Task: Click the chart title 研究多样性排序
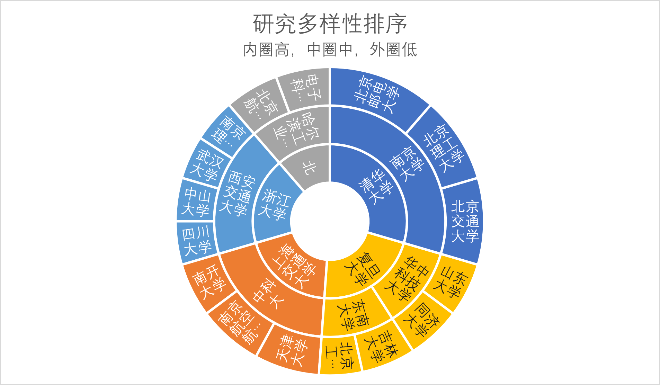(330, 24)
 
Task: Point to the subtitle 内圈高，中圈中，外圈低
(330, 50)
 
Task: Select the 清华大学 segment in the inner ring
(376, 187)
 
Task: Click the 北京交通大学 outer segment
(464, 222)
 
